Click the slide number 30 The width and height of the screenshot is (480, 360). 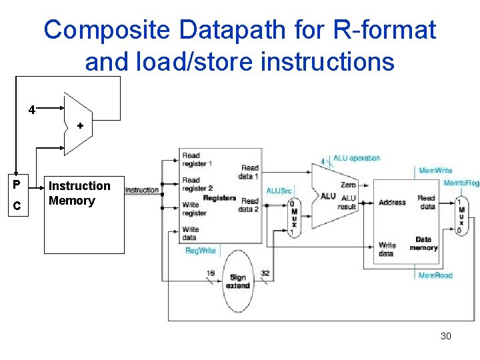coord(445,336)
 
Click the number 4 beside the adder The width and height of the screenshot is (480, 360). coord(31,109)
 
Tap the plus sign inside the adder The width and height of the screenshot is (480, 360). coord(80,125)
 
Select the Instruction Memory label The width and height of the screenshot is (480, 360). coord(79,193)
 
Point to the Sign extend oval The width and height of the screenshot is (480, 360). coord(238,281)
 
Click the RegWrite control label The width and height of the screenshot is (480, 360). coord(200,251)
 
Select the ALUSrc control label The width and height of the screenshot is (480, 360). coord(279,191)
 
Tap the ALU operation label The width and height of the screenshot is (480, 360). coord(357,158)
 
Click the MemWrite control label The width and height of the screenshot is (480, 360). coord(435,171)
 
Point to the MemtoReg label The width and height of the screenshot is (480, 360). coord(461,183)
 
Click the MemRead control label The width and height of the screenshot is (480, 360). coord(435,275)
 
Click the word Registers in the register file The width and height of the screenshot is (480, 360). coord(219,198)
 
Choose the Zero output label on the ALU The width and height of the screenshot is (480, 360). coord(347,185)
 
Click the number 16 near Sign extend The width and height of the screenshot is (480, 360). coord(211,273)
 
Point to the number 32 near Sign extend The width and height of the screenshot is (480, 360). coord(265,273)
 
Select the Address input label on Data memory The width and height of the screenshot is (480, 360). coord(391,202)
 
